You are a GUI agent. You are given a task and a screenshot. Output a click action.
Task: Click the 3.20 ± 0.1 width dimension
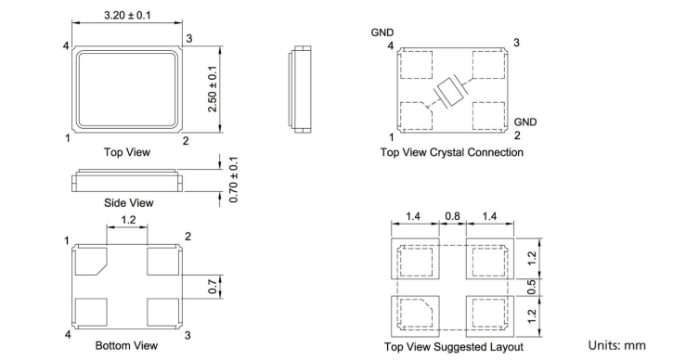(127, 16)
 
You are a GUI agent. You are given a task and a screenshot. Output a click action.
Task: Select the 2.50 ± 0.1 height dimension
(213, 89)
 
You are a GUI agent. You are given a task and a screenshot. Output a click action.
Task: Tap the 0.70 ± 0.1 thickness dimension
(234, 180)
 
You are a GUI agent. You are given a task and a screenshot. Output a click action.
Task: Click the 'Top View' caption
(127, 152)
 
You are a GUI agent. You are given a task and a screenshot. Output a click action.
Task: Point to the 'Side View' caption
(129, 202)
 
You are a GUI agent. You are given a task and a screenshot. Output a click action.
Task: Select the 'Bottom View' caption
(126, 345)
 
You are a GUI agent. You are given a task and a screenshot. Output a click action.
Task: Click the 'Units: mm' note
(616, 345)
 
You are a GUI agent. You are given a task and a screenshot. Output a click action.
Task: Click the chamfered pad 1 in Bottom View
(91, 261)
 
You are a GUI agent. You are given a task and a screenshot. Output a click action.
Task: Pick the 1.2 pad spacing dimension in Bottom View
(128, 220)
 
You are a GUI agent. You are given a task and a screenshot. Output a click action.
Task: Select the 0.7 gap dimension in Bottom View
(213, 287)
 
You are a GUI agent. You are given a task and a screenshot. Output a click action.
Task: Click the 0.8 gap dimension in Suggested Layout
(452, 216)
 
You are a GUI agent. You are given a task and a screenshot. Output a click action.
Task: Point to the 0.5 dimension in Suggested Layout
(531, 287)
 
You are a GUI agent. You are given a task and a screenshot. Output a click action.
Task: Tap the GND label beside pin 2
(525, 122)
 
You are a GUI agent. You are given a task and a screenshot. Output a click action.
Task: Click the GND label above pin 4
(382, 32)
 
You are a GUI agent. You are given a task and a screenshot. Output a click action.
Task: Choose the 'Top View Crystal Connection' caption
(452, 152)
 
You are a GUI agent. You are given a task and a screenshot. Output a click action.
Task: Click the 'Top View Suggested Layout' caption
(454, 347)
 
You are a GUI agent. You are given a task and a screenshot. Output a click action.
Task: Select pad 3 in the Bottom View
(162, 313)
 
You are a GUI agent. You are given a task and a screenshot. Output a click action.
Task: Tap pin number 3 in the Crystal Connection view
(516, 43)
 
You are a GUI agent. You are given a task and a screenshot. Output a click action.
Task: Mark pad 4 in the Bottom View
(91, 313)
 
